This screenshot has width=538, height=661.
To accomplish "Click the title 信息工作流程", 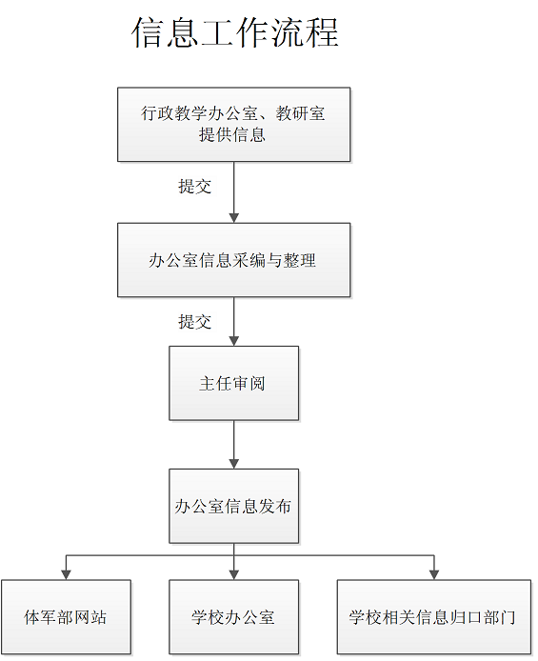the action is click(235, 32).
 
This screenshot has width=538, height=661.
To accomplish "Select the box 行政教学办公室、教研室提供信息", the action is click(234, 125).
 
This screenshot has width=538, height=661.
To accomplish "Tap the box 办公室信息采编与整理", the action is click(234, 260).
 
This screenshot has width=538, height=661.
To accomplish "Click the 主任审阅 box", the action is click(234, 383).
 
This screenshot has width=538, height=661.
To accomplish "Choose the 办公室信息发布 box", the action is click(234, 506).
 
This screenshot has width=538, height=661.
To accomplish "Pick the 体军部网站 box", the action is click(66, 617).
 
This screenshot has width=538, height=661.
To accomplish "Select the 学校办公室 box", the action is click(234, 617).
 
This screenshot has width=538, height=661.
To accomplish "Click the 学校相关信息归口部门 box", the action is click(434, 617).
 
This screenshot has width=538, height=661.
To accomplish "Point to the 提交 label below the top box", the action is click(194, 187).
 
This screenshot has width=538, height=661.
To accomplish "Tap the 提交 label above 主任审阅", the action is click(194, 322).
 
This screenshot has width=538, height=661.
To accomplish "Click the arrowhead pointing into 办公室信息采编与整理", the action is click(234, 218).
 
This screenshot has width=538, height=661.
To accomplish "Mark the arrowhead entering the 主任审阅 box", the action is click(234, 341).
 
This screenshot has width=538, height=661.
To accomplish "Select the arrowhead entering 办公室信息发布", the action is click(234, 464).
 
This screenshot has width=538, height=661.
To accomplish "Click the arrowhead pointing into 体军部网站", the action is click(66, 574).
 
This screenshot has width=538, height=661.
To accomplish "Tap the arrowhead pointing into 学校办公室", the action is click(234, 574).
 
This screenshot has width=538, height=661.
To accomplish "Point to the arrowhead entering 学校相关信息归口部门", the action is click(434, 574).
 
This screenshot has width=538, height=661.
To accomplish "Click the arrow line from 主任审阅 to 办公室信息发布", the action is click(234, 445).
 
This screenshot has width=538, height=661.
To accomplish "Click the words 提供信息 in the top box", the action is click(232, 135).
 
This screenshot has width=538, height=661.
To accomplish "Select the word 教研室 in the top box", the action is click(300, 113).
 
